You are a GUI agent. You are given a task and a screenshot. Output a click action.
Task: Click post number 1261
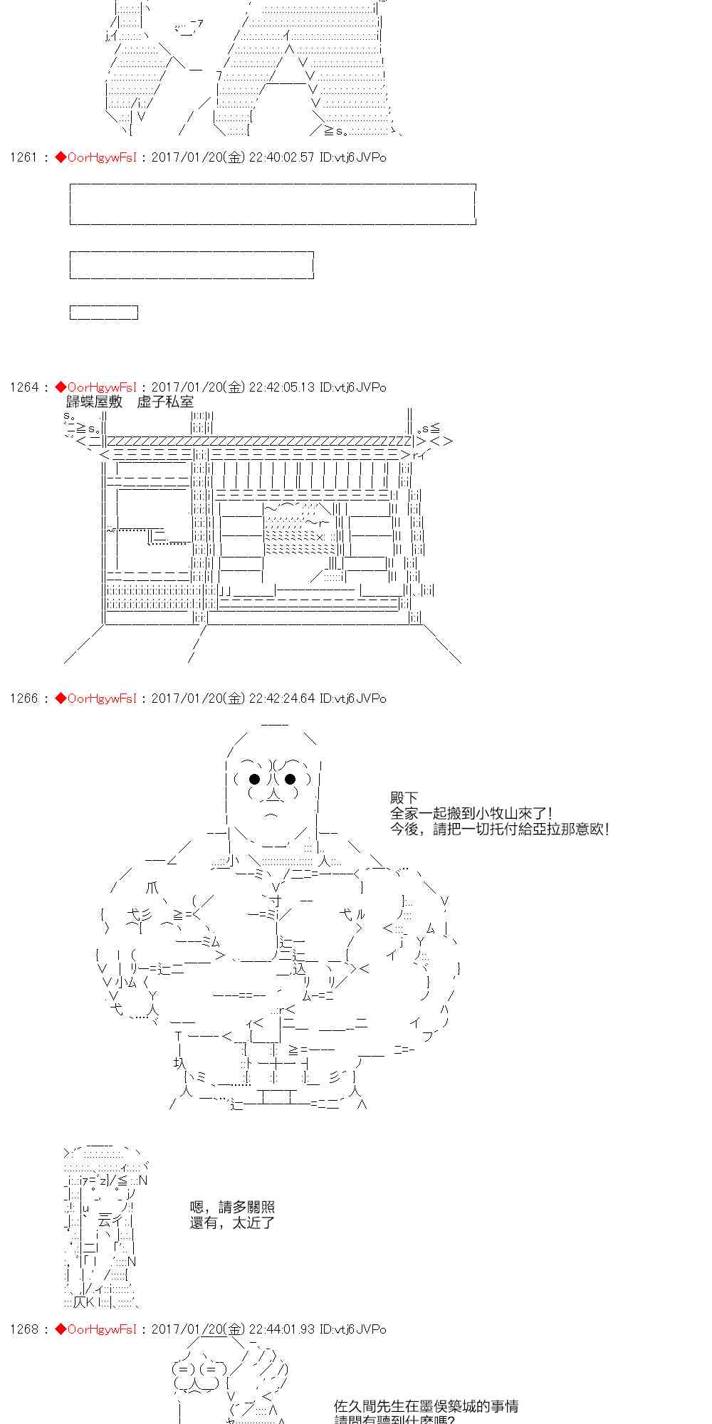(23, 157)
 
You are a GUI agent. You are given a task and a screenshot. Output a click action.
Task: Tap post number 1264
(23, 387)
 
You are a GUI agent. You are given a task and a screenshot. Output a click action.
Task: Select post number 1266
(23, 698)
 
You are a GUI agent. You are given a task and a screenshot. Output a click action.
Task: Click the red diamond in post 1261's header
(60, 157)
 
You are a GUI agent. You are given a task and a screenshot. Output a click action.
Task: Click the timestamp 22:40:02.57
(281, 157)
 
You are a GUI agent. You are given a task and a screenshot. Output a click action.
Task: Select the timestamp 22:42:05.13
(281, 387)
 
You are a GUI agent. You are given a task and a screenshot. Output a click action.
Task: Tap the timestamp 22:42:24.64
(281, 698)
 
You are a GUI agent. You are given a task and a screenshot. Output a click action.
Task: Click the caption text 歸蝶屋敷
(94, 402)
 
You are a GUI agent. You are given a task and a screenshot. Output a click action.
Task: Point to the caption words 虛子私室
(165, 402)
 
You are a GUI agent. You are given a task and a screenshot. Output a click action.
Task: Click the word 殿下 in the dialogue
(404, 798)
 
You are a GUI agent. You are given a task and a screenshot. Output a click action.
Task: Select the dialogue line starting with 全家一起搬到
(471, 813)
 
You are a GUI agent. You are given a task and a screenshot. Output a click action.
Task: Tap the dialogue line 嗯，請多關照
(232, 1207)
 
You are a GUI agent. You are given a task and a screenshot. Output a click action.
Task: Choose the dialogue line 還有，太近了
(232, 1223)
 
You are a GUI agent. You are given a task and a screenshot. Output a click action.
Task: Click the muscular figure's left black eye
(254, 779)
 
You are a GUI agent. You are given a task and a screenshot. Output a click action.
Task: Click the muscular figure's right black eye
(290, 779)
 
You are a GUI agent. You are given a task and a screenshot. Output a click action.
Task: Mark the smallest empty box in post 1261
(104, 313)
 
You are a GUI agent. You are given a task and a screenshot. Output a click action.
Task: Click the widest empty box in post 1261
(273, 204)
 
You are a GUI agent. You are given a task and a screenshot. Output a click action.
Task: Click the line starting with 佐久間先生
(426, 1406)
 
